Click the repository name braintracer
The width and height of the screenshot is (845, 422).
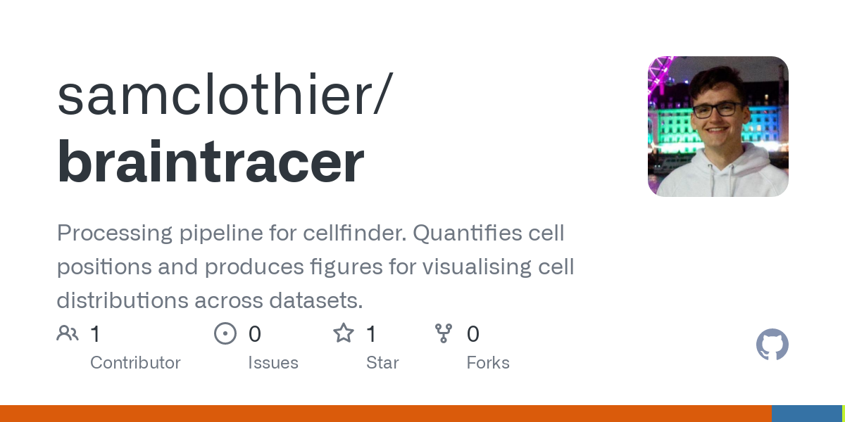tap(211, 161)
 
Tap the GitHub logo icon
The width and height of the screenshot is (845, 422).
tap(772, 345)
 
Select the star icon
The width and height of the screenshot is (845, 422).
tap(344, 333)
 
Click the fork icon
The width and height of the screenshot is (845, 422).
tap(443, 333)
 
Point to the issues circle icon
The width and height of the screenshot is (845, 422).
tap(225, 333)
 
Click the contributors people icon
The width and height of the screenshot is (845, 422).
tap(68, 333)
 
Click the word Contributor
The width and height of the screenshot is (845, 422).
tap(135, 363)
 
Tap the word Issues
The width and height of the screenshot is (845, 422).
tap(273, 363)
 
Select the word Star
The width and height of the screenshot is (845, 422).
tap(382, 363)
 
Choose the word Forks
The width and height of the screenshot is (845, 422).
tap(488, 363)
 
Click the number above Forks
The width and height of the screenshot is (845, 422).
tap(473, 334)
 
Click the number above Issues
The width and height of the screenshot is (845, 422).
tap(255, 334)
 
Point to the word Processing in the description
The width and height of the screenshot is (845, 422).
tap(115, 234)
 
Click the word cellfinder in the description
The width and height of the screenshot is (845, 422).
tap(355, 233)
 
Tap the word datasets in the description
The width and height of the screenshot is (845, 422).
tap(316, 301)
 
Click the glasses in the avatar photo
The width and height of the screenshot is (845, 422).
tap(716, 110)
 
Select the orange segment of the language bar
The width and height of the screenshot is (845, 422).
tap(386, 414)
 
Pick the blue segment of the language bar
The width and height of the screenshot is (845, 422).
tap(807, 414)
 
